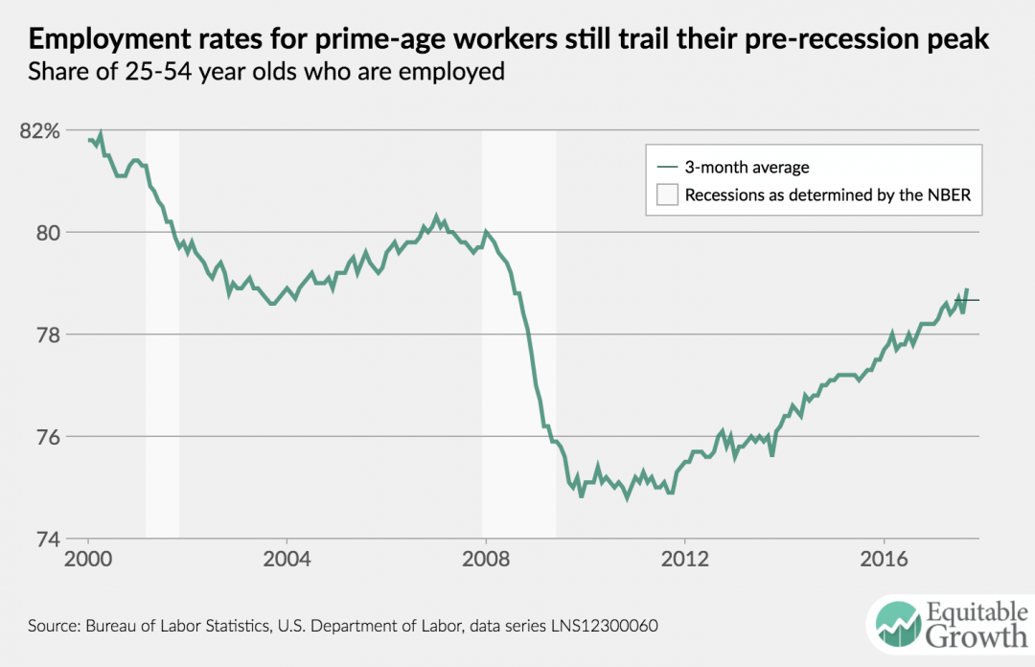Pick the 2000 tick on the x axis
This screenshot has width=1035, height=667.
click(88, 559)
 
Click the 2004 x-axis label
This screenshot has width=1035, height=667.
click(287, 559)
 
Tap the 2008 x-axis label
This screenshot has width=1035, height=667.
click(486, 559)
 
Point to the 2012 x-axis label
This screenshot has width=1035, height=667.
click(684, 559)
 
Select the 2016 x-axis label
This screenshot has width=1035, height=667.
click(884, 559)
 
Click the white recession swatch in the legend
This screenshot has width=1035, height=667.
click(666, 195)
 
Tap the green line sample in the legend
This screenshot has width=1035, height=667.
click(666, 168)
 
